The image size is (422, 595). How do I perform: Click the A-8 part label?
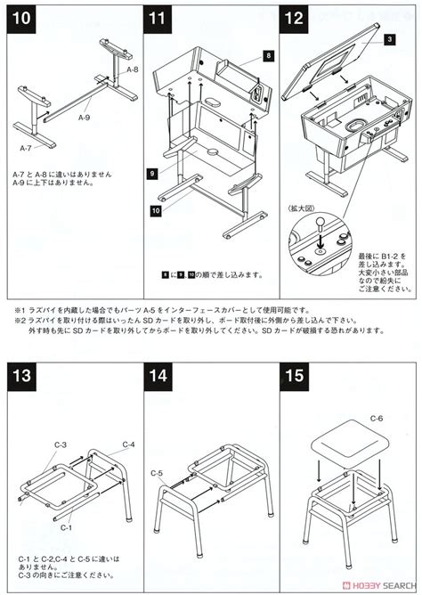(x=133, y=69)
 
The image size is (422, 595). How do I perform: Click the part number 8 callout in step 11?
(x=268, y=55)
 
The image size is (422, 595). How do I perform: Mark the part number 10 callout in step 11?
(x=155, y=210)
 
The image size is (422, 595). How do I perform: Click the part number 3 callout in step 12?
(x=389, y=40)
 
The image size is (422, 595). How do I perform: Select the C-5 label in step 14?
(x=157, y=472)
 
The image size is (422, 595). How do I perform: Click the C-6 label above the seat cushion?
(x=376, y=419)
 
